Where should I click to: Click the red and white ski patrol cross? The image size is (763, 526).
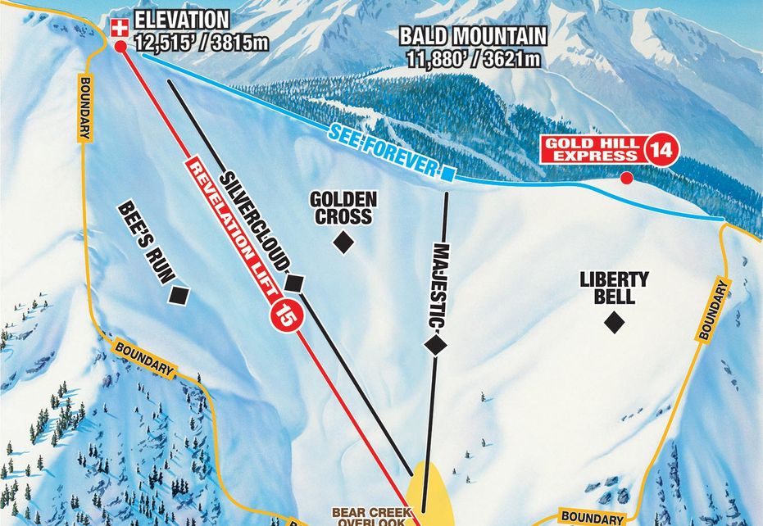120,28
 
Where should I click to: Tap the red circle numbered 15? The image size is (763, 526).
287,312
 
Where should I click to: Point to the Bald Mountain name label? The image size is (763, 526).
473,36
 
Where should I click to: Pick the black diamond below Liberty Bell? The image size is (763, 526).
614,323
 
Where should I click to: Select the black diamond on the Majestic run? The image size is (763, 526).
435,346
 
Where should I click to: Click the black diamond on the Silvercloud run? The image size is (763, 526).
294,283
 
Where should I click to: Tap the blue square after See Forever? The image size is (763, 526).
447,173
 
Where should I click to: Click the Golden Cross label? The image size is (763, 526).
343,208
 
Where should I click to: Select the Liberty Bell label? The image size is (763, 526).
614,287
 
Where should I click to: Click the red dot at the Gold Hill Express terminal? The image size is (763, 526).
627,178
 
